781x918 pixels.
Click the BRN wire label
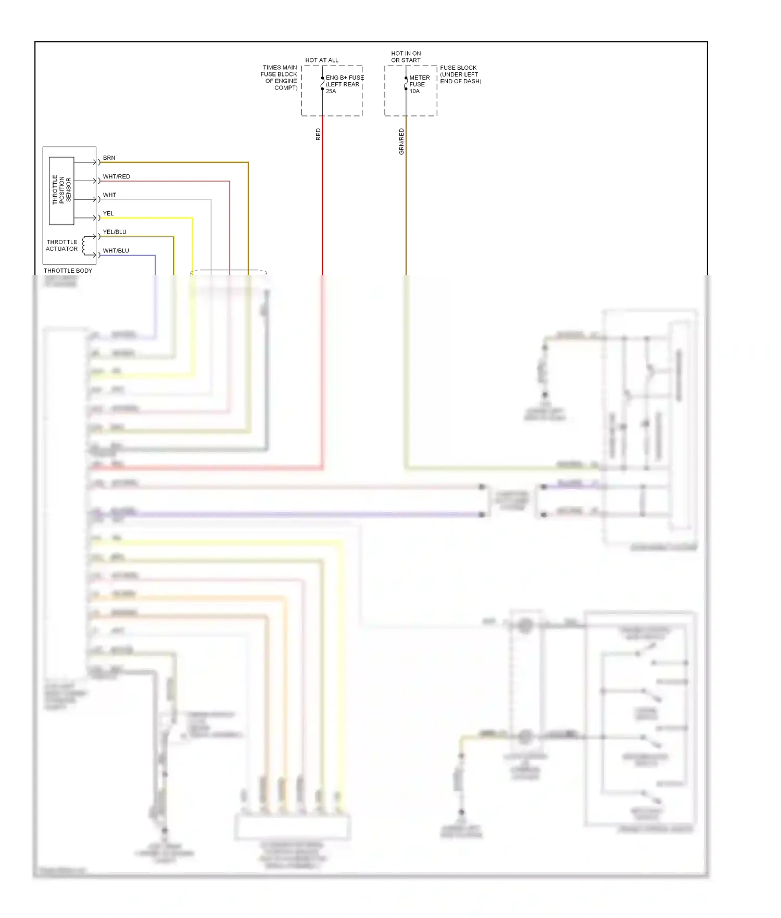tap(109, 158)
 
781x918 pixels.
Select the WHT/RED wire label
tap(116, 176)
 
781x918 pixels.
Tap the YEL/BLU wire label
tap(115, 232)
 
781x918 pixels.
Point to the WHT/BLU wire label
tap(116, 251)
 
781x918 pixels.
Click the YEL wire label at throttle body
tap(108, 213)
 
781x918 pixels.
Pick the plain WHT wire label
tap(109, 195)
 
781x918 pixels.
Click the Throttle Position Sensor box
tap(61, 190)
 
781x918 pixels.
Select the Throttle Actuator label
tap(61, 246)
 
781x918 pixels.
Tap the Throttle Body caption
tap(68, 271)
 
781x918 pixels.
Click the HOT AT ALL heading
tap(321, 60)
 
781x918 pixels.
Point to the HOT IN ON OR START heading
tap(406, 57)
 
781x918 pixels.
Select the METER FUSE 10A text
tap(419, 84)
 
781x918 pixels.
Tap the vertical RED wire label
tap(318, 135)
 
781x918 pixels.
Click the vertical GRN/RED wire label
tap(401, 142)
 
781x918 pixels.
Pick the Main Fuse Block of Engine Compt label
tap(280, 78)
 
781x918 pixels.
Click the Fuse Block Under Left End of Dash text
tap(460, 74)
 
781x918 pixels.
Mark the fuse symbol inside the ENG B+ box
tap(322, 83)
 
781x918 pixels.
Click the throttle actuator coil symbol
tap(83, 246)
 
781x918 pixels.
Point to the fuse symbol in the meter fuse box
tap(406, 83)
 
